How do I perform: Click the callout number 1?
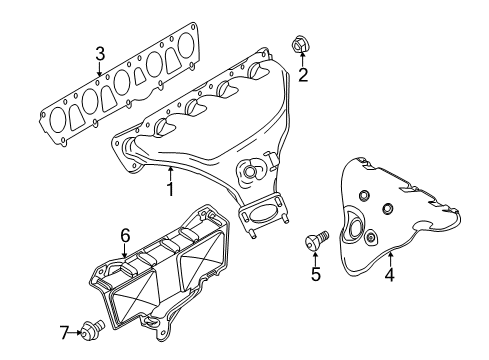(170, 189)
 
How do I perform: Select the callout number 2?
(303, 75)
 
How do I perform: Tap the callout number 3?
(100, 54)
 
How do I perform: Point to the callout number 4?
(389, 275)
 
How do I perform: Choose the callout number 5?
(316, 274)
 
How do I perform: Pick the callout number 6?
(125, 236)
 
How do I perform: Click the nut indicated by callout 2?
(299, 45)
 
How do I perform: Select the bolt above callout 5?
(317, 240)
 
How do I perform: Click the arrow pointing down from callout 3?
(99, 69)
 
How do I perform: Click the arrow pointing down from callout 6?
(124, 250)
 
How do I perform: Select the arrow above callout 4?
(390, 259)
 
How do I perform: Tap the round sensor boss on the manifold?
(249, 172)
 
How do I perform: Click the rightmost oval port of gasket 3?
(186, 45)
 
